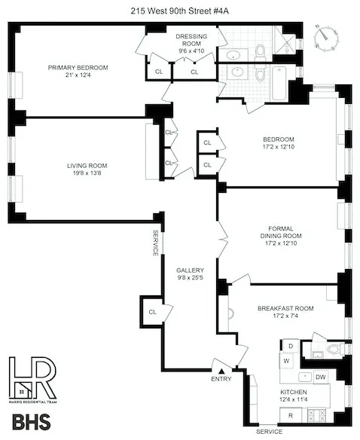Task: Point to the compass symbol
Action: point(325,37)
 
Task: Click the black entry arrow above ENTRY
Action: point(221,369)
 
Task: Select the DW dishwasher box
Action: point(321,377)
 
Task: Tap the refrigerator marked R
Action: point(290,416)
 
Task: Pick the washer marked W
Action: point(286,360)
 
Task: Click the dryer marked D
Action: point(290,346)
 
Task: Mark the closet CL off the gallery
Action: point(151,311)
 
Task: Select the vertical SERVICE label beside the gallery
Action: point(156,243)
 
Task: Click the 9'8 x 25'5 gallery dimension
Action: point(188,280)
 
